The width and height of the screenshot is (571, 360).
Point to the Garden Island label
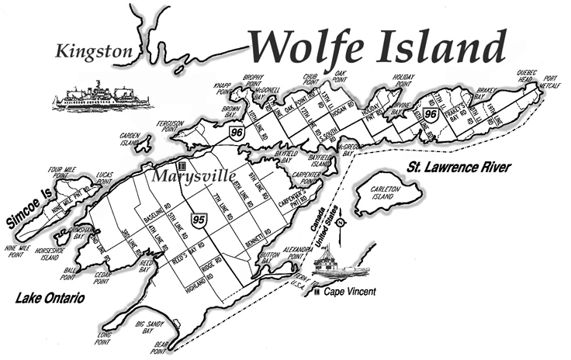point(129,139)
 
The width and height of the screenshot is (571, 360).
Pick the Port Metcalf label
point(551,81)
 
